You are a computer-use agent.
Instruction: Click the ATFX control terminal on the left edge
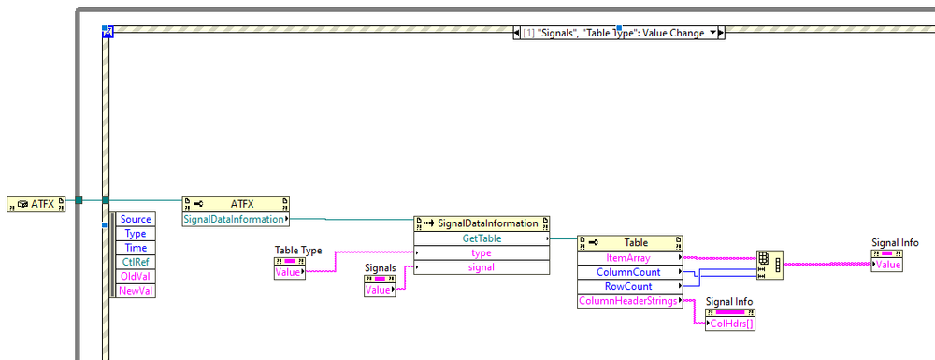point(36,202)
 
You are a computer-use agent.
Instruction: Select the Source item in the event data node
point(136,219)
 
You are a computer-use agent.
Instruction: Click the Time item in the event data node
point(136,249)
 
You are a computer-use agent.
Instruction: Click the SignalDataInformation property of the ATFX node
point(234,219)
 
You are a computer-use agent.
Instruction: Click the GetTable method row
point(482,238)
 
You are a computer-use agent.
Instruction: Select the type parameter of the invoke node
point(482,253)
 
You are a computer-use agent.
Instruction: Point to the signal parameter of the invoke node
point(482,267)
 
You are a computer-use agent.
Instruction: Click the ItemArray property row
point(628,257)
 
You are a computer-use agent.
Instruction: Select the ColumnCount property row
point(628,272)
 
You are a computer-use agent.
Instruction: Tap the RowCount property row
point(628,286)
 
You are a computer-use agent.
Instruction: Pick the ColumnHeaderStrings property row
point(628,301)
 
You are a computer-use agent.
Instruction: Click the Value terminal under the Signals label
point(380,290)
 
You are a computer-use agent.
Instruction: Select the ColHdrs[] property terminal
point(729,324)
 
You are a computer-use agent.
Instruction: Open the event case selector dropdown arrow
point(714,33)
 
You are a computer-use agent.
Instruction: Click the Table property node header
point(628,242)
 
